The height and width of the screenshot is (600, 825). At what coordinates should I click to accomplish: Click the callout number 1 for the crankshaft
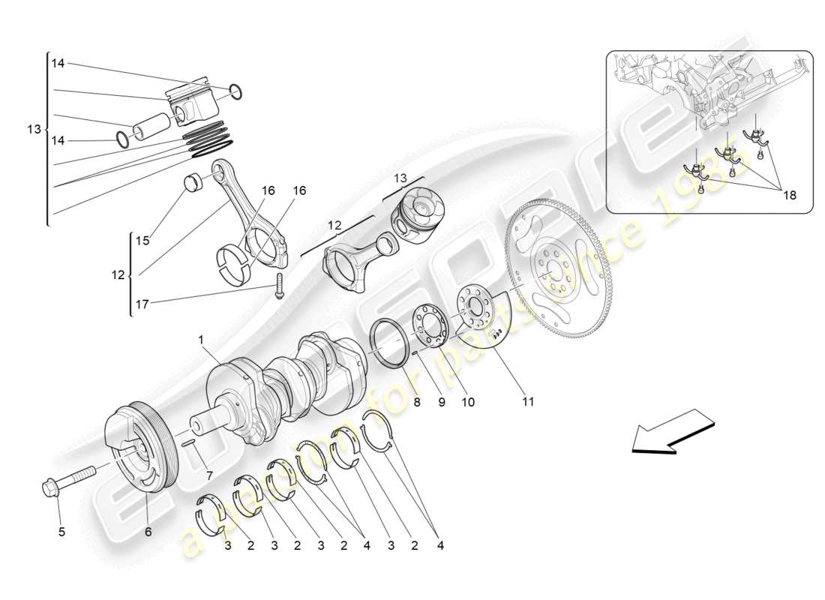click(201, 339)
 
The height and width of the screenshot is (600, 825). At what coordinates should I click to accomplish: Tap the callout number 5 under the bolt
click(61, 532)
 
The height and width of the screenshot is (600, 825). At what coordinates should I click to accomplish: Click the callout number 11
click(528, 402)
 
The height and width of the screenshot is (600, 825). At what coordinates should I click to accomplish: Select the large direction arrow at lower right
click(671, 433)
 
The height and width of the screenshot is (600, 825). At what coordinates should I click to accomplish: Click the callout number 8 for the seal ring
click(417, 402)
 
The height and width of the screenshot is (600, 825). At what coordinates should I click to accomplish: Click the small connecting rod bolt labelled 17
click(280, 285)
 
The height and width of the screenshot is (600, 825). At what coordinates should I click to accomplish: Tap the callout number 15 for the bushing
click(142, 241)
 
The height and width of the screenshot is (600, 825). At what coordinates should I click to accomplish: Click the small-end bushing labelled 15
click(194, 181)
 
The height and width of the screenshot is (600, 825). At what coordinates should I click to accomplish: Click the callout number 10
click(467, 402)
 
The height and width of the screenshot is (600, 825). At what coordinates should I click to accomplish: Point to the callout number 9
click(442, 402)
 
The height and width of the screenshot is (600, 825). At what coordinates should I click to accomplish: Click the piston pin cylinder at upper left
click(153, 123)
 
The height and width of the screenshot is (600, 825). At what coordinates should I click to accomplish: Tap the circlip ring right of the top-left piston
click(235, 91)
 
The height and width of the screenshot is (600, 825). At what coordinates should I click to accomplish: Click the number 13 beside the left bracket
click(34, 129)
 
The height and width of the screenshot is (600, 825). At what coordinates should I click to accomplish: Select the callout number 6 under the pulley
click(148, 532)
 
